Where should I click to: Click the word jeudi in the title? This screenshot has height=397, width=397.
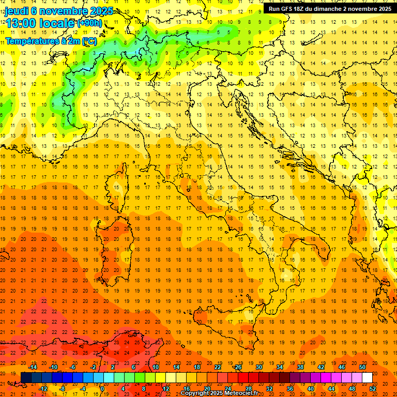tap(16, 11)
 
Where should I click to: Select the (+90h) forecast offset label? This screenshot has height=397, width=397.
tap(89, 23)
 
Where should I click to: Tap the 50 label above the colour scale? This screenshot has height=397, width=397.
tap(362, 367)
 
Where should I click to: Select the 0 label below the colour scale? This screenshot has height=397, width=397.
tap(102, 388)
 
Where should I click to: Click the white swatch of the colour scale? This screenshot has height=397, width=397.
tap(367, 378)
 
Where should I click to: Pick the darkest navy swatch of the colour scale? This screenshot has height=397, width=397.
tap(26, 378)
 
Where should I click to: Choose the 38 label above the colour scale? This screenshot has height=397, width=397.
tap(300, 367)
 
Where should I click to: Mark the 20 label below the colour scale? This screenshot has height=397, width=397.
tap(207, 388)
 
